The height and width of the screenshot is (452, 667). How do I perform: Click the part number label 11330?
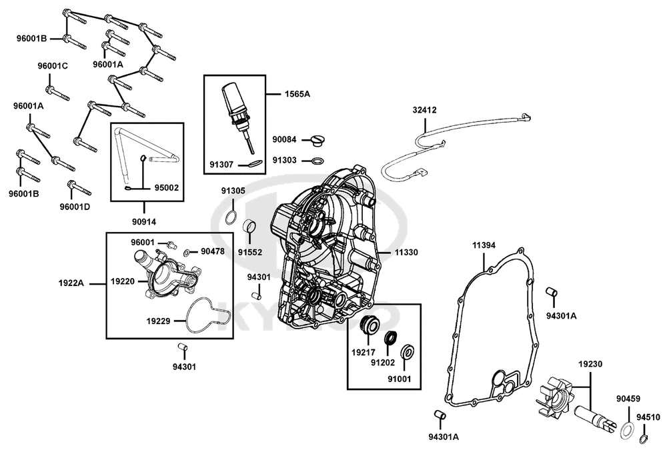point(406,252)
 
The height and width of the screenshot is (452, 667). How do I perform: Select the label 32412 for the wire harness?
point(424,110)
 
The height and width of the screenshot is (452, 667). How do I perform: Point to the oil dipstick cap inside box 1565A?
point(233,101)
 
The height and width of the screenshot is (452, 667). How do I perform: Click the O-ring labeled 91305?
point(231,217)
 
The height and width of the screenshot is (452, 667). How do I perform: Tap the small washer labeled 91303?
point(317,161)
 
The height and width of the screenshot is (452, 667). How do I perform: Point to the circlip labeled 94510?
point(644,438)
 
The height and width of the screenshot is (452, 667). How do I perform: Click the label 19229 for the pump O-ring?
point(158,321)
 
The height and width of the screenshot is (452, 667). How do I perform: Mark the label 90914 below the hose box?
point(144,221)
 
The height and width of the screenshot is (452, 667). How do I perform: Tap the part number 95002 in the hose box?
point(166,187)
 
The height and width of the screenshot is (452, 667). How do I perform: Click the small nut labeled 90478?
point(187,253)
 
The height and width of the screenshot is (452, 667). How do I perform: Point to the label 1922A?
point(71,283)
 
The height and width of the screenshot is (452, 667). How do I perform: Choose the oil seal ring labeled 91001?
point(408,352)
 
